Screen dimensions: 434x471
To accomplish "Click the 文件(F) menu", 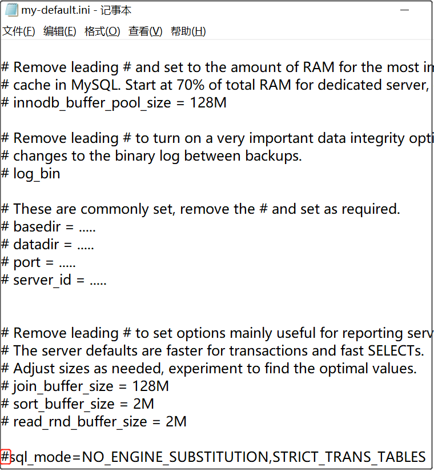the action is pos(19,31).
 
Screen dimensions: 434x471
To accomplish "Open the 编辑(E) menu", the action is pos(60,31).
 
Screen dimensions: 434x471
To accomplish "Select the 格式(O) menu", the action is pos(102,31).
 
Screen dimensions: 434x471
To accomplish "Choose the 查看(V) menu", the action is pos(145,31).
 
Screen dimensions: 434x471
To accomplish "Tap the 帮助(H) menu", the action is pos(188,31).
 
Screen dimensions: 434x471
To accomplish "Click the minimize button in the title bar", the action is pos(404,10).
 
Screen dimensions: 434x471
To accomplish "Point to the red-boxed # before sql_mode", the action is pos(6,457).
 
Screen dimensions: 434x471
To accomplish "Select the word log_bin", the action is pos(37,174).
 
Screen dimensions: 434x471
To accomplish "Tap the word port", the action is pos(27,262).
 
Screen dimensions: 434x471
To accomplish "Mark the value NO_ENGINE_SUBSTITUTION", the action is pos(175,457).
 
